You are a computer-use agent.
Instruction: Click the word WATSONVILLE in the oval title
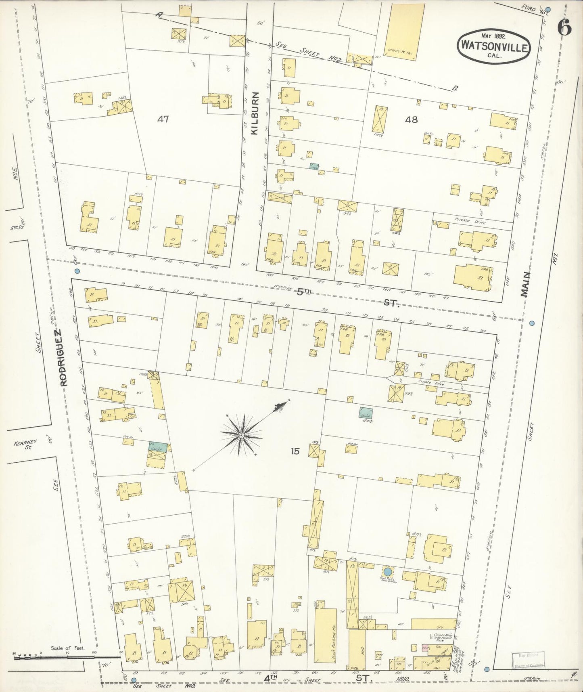click(493, 48)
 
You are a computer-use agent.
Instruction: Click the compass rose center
click(241, 435)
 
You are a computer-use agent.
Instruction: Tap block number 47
click(163, 119)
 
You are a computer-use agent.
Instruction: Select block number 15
click(295, 451)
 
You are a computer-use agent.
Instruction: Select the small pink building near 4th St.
click(424, 647)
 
